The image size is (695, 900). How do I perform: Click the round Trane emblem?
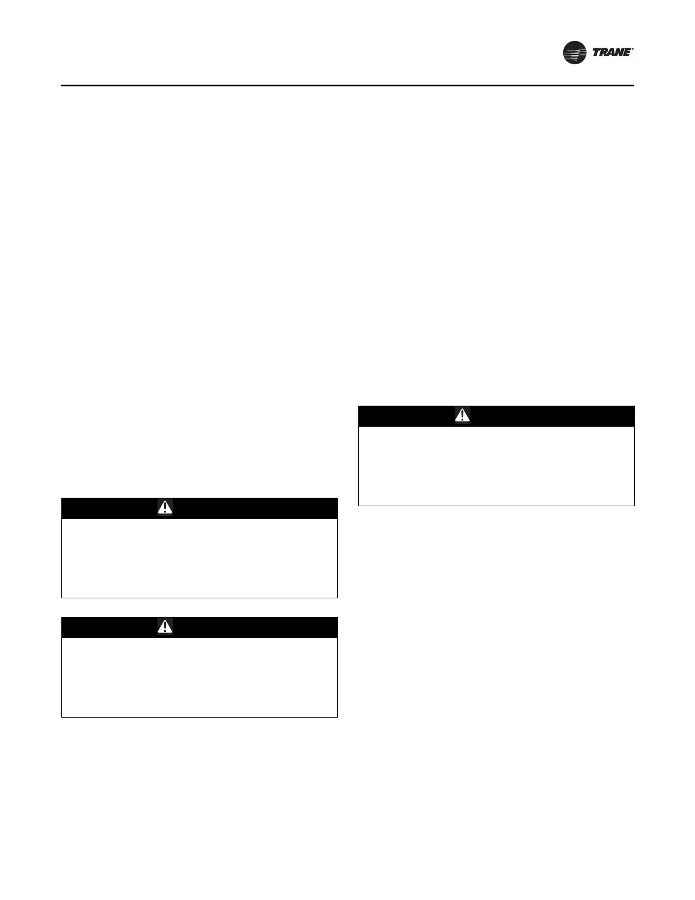click(x=575, y=53)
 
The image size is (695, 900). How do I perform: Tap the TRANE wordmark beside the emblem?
click(x=612, y=53)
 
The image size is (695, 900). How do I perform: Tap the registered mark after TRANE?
click(x=633, y=49)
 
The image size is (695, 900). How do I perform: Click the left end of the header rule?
click(x=62, y=86)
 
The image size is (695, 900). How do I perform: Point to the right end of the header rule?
click(x=633, y=86)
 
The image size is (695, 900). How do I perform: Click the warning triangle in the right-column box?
click(x=462, y=416)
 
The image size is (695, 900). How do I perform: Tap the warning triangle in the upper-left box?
click(x=165, y=508)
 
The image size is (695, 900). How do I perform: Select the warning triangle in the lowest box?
click(x=165, y=627)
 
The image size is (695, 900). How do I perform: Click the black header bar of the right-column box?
click(x=545, y=416)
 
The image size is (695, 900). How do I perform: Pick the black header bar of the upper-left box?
click(x=250, y=508)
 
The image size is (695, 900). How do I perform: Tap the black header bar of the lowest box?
click(x=250, y=627)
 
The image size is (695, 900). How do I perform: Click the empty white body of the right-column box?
click(x=496, y=466)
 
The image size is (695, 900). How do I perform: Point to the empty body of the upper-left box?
click(x=199, y=557)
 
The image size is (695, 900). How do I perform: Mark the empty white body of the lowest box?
click(x=199, y=677)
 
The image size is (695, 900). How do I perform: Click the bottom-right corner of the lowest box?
click(x=337, y=716)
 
